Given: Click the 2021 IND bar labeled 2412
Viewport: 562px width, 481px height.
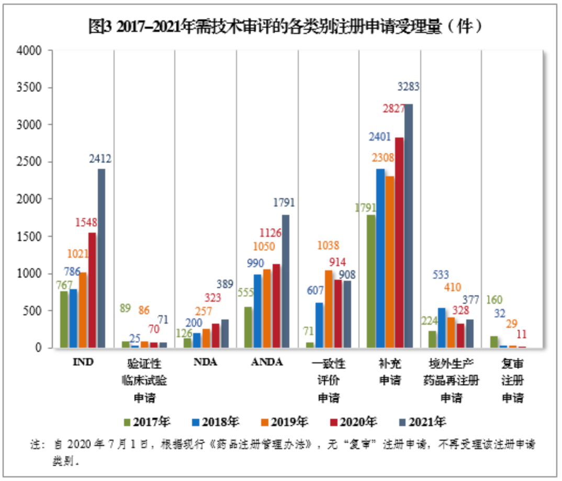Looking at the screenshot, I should (x=102, y=258).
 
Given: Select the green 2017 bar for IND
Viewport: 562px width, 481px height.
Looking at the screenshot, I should (x=64, y=319).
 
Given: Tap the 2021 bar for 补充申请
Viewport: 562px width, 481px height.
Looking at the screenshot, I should (x=408, y=226).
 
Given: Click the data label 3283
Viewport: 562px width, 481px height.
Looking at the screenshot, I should (x=408, y=86).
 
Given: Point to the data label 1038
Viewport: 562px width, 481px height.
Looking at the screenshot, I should (x=328, y=245).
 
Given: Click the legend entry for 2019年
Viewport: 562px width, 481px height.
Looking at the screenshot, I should (x=284, y=422).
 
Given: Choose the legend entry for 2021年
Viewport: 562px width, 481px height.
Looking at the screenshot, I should (x=422, y=422).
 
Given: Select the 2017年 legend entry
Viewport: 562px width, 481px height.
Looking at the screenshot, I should (x=147, y=422).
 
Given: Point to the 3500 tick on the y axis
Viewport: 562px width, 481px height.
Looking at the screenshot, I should (x=31, y=87).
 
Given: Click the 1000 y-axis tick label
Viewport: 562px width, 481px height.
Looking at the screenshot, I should (x=31, y=273).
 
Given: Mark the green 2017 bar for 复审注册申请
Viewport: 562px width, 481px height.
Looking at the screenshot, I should (x=493, y=342).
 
